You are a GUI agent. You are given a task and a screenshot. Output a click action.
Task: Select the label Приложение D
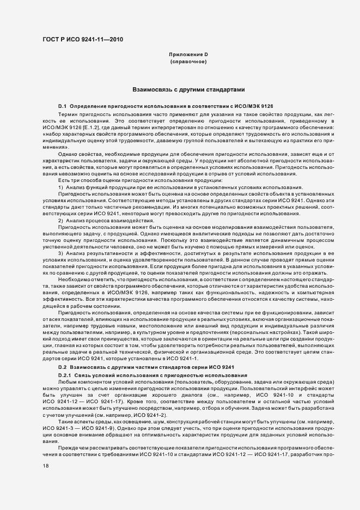coord(188,55)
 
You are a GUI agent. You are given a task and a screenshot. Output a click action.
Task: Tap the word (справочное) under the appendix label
coord(188,62)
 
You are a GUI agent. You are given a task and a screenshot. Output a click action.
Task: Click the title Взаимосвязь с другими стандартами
coord(188,89)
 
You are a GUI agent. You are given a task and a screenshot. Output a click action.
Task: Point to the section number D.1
coord(62,105)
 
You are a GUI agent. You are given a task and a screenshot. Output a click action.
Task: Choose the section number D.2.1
coord(65,377)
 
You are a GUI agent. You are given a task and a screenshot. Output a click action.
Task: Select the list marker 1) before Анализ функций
coord(61,187)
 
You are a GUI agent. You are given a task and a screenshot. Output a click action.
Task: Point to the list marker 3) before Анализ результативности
coord(61,253)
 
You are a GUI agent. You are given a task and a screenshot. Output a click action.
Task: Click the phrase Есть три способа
coord(80,180)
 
